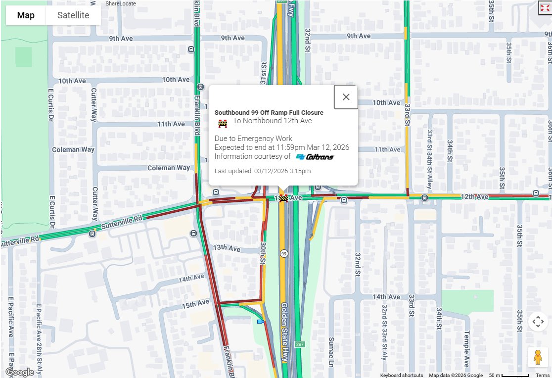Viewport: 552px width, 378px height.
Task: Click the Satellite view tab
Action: [x=73, y=15]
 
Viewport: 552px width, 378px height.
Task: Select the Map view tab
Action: [x=26, y=15]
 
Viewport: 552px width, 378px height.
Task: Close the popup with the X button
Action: [x=346, y=97]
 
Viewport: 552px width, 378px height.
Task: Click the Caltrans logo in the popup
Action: [x=315, y=157]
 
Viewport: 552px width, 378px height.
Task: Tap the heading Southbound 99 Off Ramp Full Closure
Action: [x=269, y=113]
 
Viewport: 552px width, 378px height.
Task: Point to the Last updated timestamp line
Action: [x=262, y=171]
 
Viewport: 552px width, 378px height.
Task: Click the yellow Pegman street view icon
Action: [x=538, y=357]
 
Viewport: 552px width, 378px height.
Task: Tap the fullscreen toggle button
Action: [x=545, y=8]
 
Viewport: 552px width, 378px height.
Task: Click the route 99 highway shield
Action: [x=283, y=254]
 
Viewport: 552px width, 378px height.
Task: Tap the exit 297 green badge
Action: [x=299, y=344]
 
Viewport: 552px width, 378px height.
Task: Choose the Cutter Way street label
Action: [x=93, y=105]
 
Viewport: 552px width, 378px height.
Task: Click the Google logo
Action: [x=20, y=372]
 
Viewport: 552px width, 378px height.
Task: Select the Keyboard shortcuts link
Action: [x=401, y=376]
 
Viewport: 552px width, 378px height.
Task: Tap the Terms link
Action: [x=542, y=376]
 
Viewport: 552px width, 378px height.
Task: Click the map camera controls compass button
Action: [x=538, y=322]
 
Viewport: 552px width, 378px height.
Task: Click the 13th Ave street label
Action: [x=227, y=247]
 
